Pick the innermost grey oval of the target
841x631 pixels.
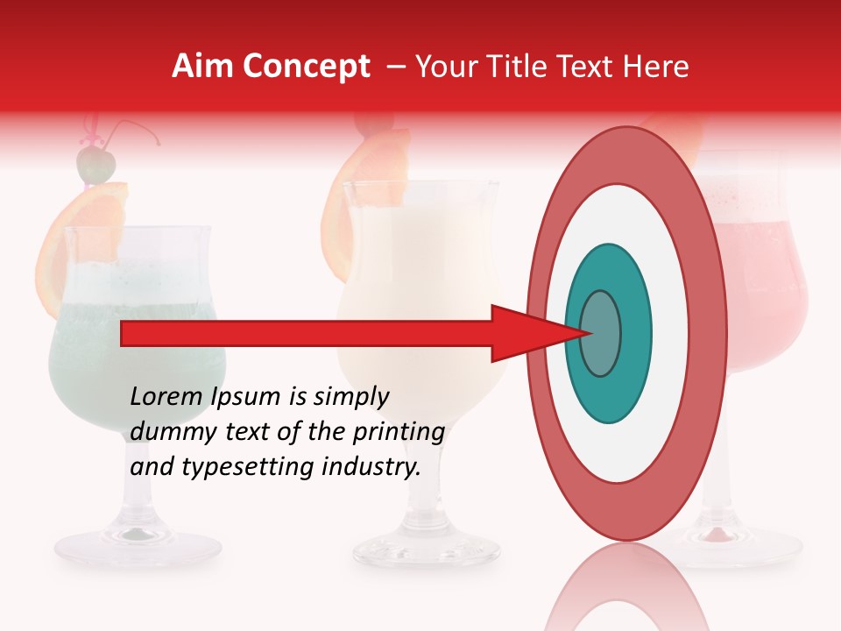point(600,333)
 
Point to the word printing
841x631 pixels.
point(399,433)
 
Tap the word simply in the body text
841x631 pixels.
point(350,398)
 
